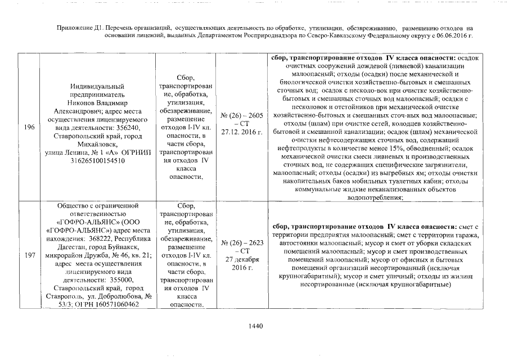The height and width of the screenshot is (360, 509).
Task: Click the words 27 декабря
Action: pyautogui.click(x=242, y=259)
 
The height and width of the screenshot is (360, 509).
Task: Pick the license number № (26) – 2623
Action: pyautogui.click(x=242, y=242)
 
